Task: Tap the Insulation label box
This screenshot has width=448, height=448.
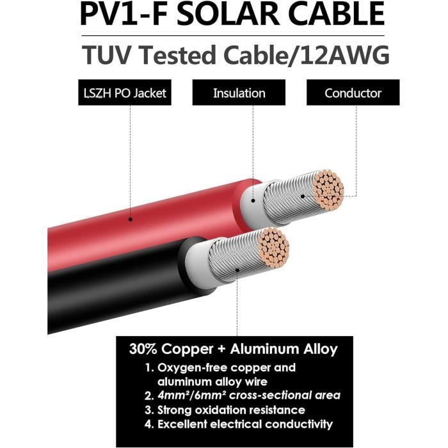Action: [x=239, y=93]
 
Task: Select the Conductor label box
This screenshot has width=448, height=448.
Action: [x=353, y=93]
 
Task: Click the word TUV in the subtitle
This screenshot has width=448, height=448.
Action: [x=106, y=56]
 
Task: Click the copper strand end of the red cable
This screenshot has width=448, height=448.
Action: [x=318, y=190]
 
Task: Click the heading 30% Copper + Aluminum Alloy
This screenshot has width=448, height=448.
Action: [x=233, y=349]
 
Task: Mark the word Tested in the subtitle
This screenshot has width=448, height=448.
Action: [x=180, y=56]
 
